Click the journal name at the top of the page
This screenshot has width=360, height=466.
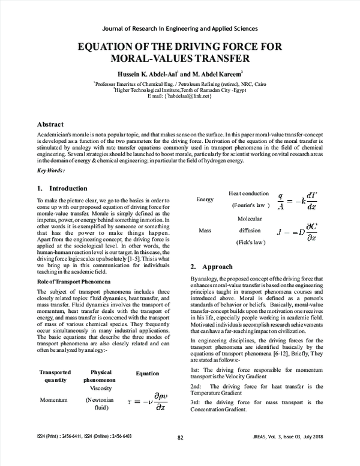pyautogui.click(x=180, y=28)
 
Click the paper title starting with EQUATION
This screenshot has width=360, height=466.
pyautogui.click(x=180, y=53)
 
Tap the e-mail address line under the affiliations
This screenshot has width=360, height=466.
pyautogui.click(x=179, y=97)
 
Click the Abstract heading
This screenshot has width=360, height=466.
pyautogui.click(x=54, y=124)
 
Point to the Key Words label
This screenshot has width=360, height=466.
pyautogui.click(x=51, y=171)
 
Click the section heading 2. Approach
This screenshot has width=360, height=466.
pyautogui.click(x=208, y=265)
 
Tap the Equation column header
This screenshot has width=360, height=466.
pyautogui.click(x=147, y=373)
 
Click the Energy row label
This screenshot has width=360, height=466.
pyautogui.click(x=205, y=199)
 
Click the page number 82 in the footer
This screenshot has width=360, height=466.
pyautogui.click(x=180, y=455)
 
